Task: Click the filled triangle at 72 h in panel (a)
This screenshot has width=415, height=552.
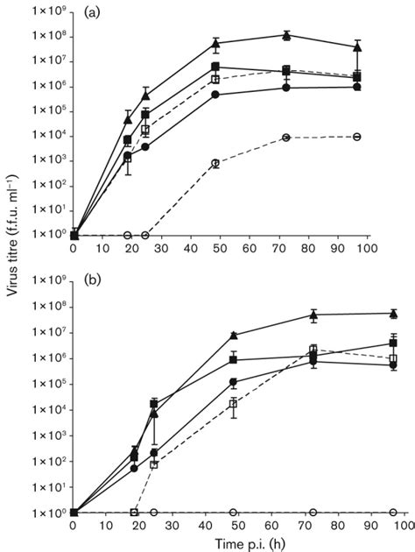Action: pyautogui.click(x=313, y=35)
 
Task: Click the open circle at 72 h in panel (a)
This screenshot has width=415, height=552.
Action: pyautogui.click(x=313, y=137)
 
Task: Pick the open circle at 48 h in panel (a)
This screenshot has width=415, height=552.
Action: pyautogui.click(x=215, y=163)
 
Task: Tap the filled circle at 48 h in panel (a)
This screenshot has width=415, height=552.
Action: pyautogui.click(x=215, y=95)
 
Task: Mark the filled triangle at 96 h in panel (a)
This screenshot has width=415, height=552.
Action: pyautogui.click(x=393, y=46)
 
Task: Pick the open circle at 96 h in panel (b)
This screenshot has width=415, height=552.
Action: pyautogui.click(x=393, y=512)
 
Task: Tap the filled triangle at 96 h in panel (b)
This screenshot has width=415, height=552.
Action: pyautogui.click(x=393, y=313)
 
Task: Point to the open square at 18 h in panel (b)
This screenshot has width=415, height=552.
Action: pyautogui.click(x=134, y=512)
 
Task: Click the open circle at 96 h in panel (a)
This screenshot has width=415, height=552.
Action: pyautogui.click(x=393, y=137)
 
